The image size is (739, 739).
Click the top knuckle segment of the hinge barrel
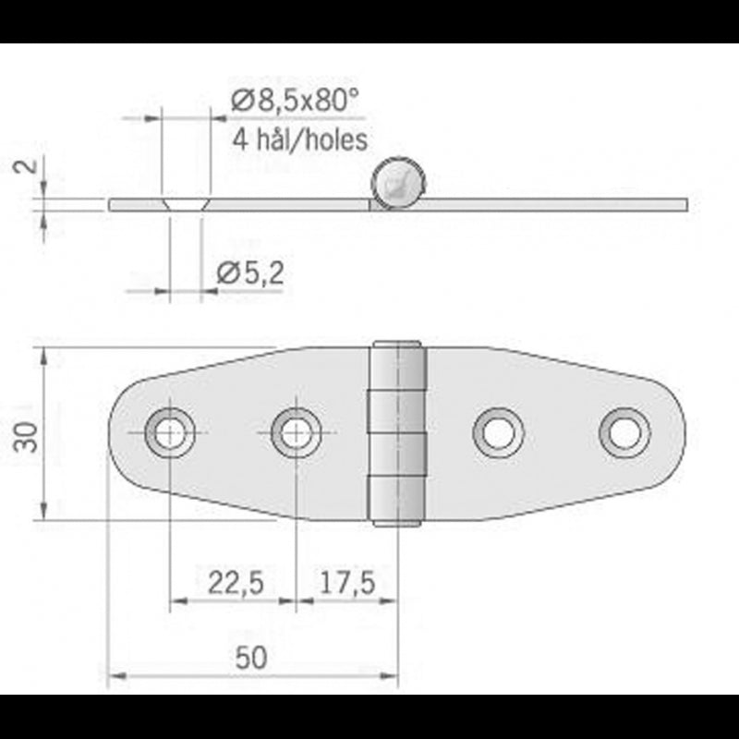[398, 365]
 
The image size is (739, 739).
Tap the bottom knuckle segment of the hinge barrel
[398, 499]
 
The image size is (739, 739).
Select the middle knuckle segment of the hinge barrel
[398, 433]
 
